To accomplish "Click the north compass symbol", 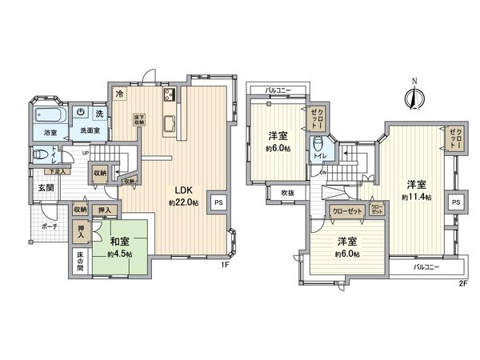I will (413, 98).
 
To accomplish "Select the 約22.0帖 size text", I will (184, 203).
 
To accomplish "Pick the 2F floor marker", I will (463, 282).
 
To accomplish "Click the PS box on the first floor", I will (217, 202).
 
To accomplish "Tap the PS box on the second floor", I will (454, 202).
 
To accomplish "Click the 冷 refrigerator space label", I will (118, 93).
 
